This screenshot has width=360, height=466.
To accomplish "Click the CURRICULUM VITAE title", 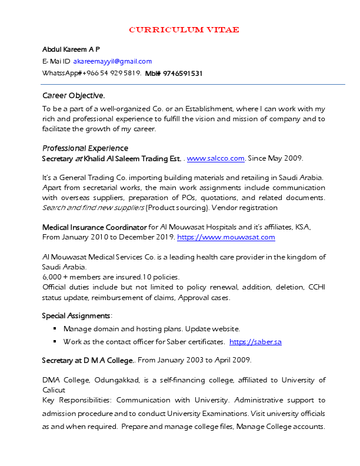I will [x=184, y=30].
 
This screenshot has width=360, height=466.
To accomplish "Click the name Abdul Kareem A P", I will [x=71, y=49].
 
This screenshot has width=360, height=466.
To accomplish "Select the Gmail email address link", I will [x=112, y=61].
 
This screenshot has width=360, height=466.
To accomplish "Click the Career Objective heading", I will [x=74, y=95].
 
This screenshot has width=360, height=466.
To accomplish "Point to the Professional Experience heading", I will [x=85, y=148].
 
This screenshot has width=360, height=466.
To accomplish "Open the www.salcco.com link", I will [x=215, y=158].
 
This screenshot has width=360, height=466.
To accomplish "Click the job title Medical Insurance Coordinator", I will [x=94, y=227].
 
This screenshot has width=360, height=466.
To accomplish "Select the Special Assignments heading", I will [x=76, y=316].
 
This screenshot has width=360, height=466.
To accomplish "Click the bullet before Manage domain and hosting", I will [x=55, y=329].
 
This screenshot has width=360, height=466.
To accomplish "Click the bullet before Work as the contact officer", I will [x=55, y=342].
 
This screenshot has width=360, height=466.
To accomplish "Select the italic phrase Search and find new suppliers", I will [x=93, y=208].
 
